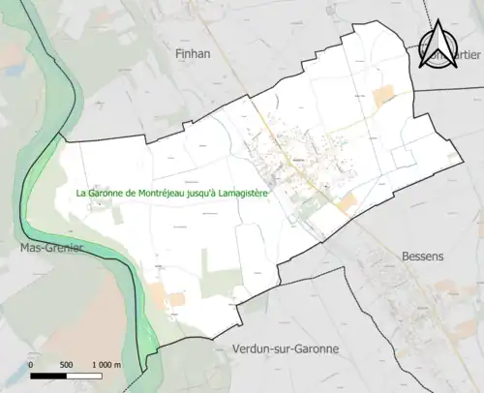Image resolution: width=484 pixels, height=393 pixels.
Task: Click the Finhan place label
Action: point(194,55)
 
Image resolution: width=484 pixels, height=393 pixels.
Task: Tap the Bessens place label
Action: point(422,257)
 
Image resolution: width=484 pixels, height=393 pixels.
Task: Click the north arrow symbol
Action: point(439,46)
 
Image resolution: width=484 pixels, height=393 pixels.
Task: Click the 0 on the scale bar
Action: point(31,365)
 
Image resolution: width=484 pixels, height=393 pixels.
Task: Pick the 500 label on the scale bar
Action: point(66,365)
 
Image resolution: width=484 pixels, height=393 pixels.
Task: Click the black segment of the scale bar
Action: point(49,376)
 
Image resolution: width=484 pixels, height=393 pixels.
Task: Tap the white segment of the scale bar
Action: point(84,376)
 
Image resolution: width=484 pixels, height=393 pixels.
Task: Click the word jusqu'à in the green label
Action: point(206,193)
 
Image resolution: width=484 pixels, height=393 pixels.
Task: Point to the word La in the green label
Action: point(82,193)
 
